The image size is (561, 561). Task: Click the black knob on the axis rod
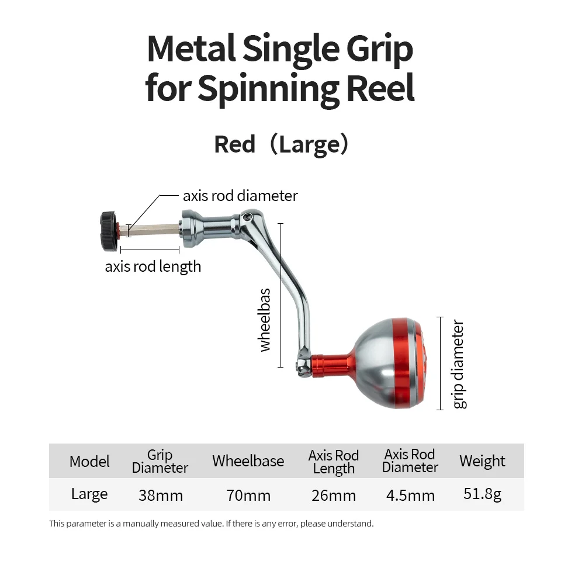click(109, 231)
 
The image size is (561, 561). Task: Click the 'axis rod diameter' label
click(240, 196)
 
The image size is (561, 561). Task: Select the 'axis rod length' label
click(153, 266)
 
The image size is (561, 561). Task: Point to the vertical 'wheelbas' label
click(265, 320)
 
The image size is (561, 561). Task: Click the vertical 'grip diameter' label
click(459, 364)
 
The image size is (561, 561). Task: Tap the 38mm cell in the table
click(161, 496)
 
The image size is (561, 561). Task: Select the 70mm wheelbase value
click(248, 496)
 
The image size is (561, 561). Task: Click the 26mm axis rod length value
click(334, 496)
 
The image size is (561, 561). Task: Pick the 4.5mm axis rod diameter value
click(410, 496)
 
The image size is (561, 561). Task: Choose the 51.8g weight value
click(482, 494)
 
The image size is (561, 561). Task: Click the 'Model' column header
click(89, 461)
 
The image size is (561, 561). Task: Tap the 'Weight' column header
click(482, 461)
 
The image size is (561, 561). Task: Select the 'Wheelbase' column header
click(248, 461)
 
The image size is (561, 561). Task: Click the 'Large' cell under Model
click(89, 494)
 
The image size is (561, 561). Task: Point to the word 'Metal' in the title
click(192, 49)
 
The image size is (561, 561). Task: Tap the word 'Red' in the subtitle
click(235, 144)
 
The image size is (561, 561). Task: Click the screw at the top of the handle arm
click(247, 216)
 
